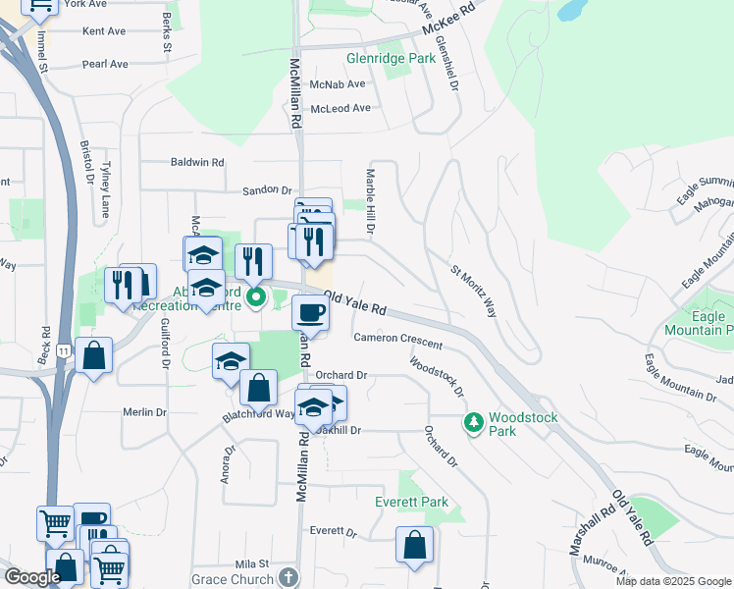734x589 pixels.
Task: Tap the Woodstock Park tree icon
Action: pos(474,421)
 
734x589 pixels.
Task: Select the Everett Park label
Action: pos(412,502)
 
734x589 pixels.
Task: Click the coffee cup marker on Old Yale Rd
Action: pos(310,313)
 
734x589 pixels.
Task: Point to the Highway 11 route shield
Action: pos(64,350)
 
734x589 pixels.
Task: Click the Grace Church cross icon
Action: pos(288,578)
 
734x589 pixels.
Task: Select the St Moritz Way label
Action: pos(474,291)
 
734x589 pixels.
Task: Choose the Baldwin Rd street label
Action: pos(197,162)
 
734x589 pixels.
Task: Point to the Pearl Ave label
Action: pos(105,64)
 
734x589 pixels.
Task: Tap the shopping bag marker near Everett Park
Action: pos(414,545)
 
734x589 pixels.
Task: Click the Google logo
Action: pos(32,577)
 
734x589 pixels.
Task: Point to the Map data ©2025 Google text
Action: pos(673,581)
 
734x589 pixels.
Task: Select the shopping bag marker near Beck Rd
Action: pos(94,356)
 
